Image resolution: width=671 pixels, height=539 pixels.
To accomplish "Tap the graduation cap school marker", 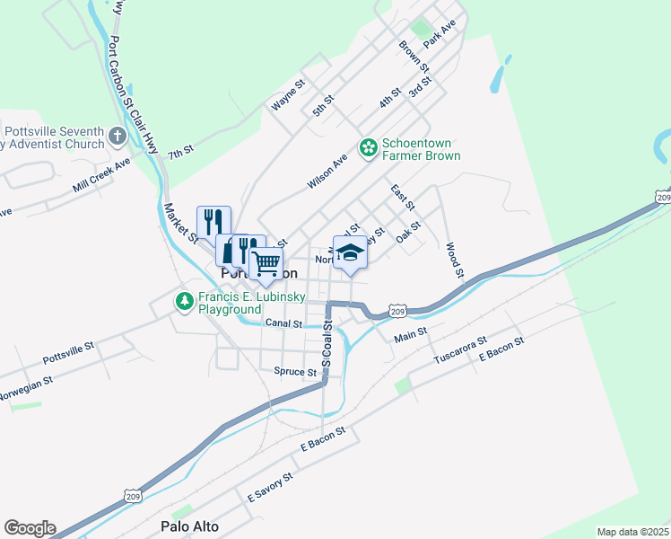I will pos(350,252).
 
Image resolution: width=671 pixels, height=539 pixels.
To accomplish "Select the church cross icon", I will pos(117,137).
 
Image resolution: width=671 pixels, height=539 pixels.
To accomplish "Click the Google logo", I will pos(30,528).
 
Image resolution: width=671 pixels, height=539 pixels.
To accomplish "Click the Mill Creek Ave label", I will pos(101,176).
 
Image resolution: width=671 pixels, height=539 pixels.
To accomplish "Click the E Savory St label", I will pos(269,488).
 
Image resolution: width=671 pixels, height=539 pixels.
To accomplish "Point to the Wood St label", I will pos(455,259).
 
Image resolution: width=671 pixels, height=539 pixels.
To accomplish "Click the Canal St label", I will pos(283,323).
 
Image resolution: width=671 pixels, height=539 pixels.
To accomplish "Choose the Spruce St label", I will pos(295,372).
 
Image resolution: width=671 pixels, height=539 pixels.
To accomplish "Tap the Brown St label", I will pos(412,57).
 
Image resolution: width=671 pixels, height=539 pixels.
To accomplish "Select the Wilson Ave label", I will pos(327,171).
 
